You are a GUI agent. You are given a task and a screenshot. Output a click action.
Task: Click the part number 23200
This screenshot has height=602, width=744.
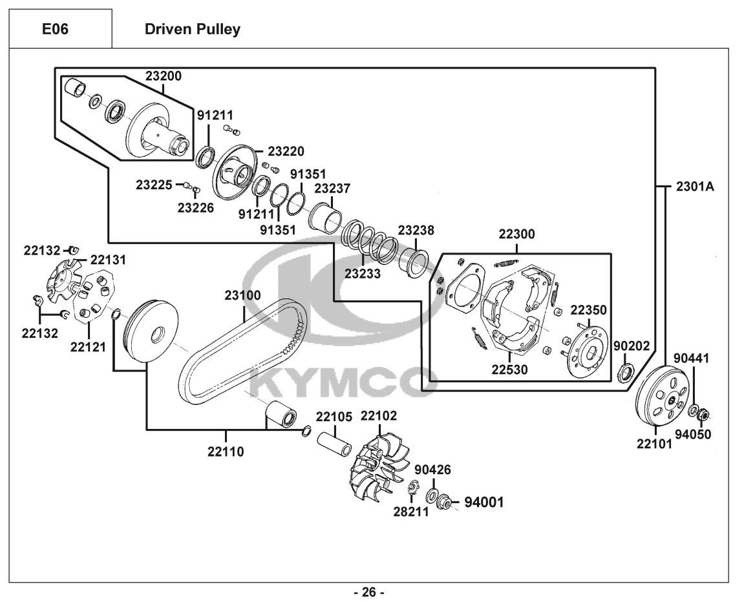pyautogui.click(x=164, y=76)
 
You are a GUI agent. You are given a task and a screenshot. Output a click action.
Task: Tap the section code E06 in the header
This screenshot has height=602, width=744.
pyautogui.click(x=56, y=29)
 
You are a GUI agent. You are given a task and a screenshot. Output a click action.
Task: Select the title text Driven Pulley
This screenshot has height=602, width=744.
pyautogui.click(x=192, y=29)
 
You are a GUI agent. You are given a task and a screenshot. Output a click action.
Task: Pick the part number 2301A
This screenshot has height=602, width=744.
pyautogui.click(x=695, y=186)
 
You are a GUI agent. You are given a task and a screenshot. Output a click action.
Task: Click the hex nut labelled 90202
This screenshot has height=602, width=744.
pyautogui.click(x=626, y=371)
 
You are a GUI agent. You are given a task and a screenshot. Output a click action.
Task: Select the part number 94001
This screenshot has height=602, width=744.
pyautogui.click(x=484, y=501)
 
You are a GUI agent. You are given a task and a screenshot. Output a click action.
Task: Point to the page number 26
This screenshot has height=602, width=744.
pyautogui.click(x=368, y=592)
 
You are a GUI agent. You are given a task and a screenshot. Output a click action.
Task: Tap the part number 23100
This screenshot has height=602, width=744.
pyautogui.click(x=242, y=295)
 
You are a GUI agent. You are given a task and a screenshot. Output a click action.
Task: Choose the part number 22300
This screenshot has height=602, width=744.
pyautogui.click(x=516, y=234)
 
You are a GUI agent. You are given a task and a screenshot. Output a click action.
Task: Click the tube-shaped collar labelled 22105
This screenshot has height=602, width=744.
pyautogui.click(x=335, y=442)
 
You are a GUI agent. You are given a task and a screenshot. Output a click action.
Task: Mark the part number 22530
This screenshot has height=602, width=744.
pyautogui.click(x=509, y=369)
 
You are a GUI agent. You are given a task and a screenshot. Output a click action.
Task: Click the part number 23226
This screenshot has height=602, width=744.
pyautogui.click(x=195, y=207)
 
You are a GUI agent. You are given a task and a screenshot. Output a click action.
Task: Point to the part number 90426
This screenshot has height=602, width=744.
pyautogui.click(x=432, y=470)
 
